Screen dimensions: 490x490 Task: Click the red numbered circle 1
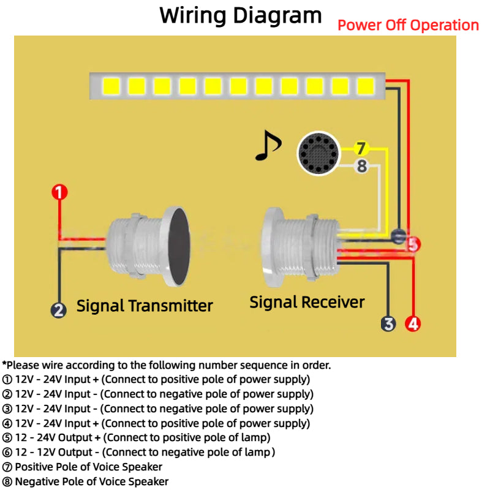pos(59,192)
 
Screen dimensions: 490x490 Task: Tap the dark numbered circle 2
pos(58,310)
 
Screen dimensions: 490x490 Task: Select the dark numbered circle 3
pos(388,323)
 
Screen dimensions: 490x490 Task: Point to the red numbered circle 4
pos(413,323)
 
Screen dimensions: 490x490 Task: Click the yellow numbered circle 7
pos(361,148)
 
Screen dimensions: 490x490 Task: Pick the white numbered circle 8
pos(361,165)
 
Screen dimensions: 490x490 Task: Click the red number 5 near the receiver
pos(413,244)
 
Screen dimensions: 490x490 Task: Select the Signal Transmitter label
pos(145,306)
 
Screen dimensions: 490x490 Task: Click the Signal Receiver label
pos(307,302)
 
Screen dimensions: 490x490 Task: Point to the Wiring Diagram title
pos(240,15)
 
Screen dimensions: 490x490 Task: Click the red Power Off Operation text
pos(408,25)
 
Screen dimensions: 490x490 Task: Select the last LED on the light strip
pos(365,86)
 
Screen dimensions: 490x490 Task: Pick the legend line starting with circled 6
pos(138,453)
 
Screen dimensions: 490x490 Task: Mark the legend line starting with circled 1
pos(156,379)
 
